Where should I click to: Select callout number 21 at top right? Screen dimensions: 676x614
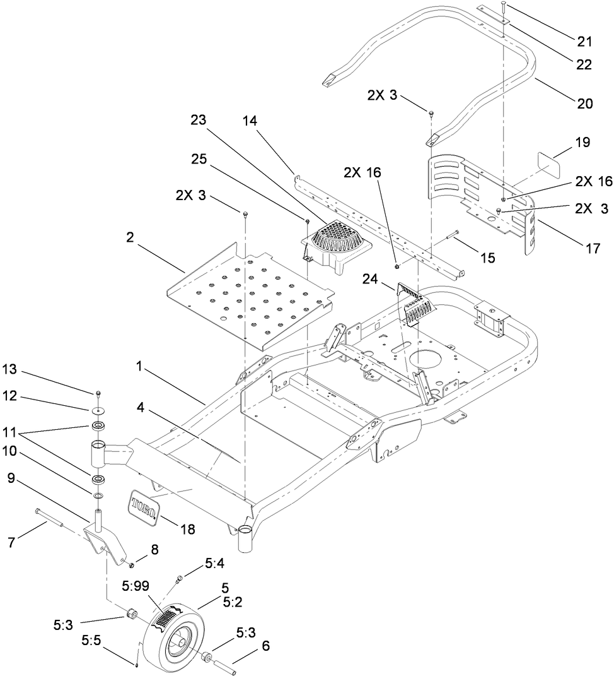click(x=584, y=42)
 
